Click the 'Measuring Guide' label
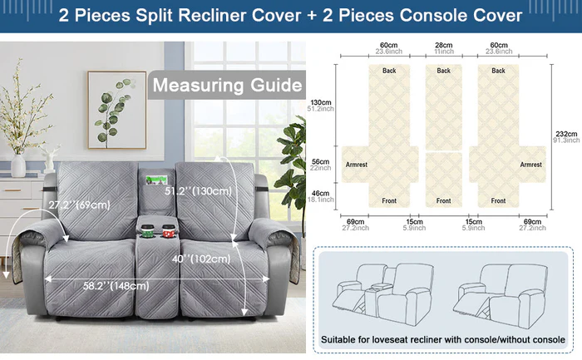[226, 85]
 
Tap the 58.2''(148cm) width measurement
[116, 286]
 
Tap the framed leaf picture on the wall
[111, 109]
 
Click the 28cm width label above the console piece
[443, 45]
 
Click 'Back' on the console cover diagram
[443, 72]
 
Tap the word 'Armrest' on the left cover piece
[355, 165]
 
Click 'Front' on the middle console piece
[443, 200]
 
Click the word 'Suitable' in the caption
[344, 340]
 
